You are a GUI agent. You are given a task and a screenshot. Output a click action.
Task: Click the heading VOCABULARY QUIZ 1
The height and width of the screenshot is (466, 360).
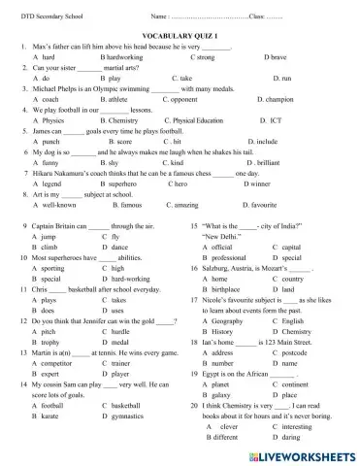point(180,33)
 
